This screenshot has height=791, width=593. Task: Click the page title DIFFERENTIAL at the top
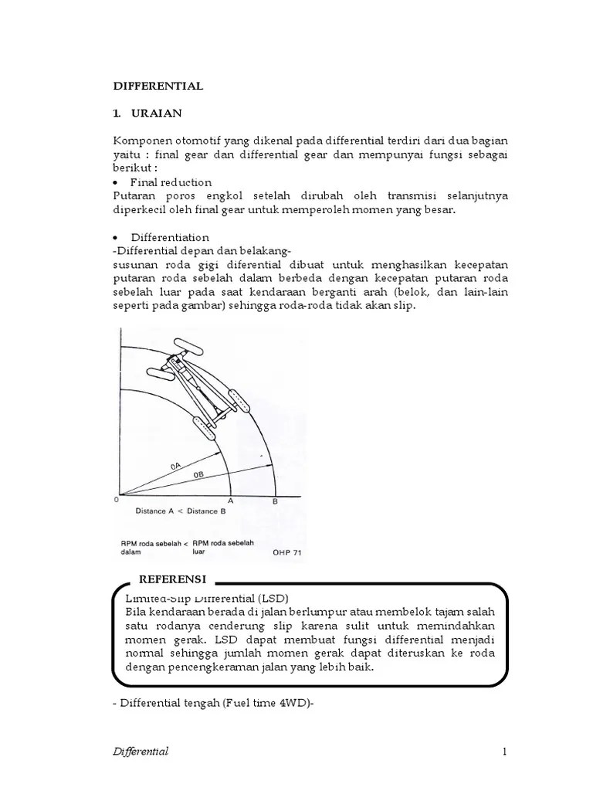coord(158,86)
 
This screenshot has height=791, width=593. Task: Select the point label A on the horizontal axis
coord(230,501)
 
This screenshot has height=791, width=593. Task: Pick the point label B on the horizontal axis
coord(276,501)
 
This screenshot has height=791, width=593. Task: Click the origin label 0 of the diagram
coord(116,500)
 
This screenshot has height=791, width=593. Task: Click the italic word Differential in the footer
coord(141,752)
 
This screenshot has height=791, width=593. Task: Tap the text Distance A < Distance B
coord(180,511)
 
